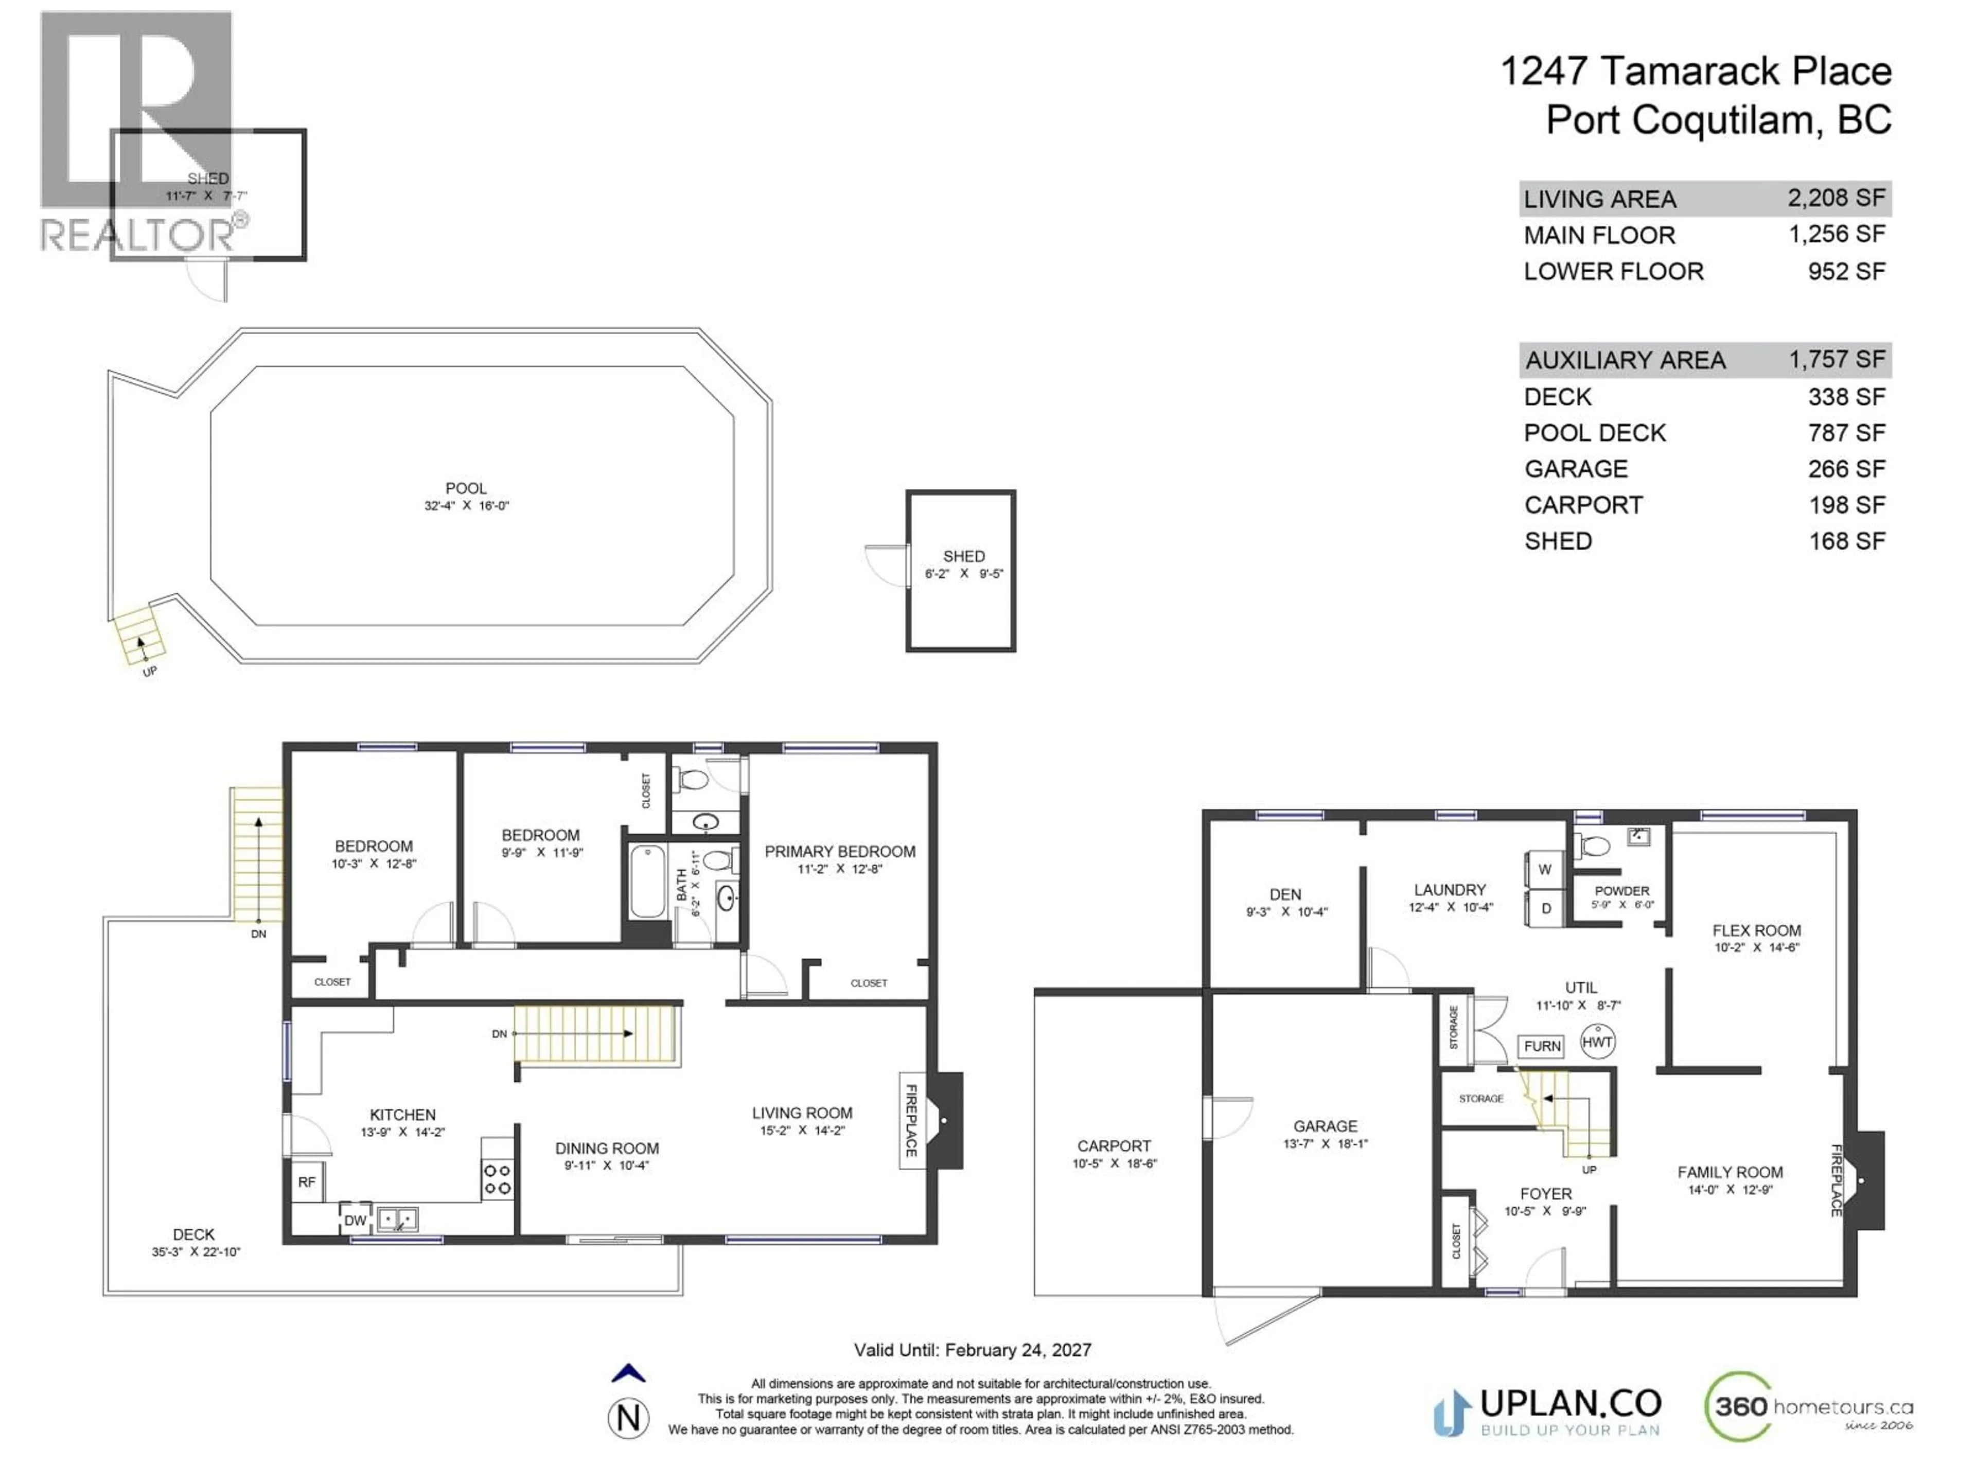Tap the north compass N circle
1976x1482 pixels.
(x=628, y=1418)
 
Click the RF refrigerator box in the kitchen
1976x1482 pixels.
(x=306, y=1182)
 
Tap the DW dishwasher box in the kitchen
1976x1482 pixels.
(x=355, y=1220)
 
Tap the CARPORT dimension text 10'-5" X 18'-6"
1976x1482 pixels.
(x=1114, y=1164)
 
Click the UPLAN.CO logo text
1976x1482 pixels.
(x=1571, y=1403)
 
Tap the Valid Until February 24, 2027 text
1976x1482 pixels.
(x=972, y=1350)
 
